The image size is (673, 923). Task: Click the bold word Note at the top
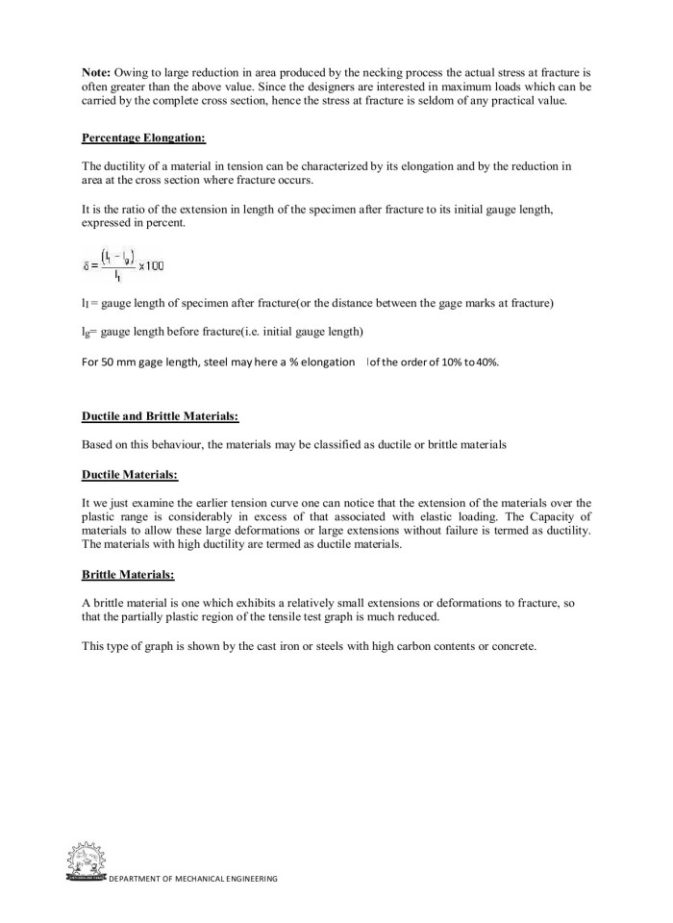[97, 72]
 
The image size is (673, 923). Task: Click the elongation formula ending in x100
[115, 262]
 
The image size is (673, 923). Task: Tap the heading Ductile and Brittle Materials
[161, 415]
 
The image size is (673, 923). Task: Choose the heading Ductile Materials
[131, 474]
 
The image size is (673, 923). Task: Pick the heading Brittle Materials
[129, 574]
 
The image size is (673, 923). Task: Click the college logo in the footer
[86, 862]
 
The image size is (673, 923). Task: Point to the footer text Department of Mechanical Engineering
[193, 879]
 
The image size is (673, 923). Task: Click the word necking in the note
[348, 72]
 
